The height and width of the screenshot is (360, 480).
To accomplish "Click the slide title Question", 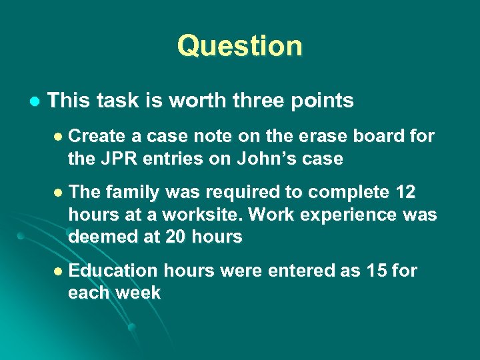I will [x=239, y=46].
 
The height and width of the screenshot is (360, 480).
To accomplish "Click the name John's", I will [x=254, y=159].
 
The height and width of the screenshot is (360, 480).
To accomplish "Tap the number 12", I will [x=405, y=193].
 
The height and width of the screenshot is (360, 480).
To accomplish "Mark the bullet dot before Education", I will [x=58, y=271].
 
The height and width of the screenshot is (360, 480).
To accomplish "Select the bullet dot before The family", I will [x=58, y=193].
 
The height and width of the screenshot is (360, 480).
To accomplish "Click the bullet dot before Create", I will [x=58, y=137].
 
